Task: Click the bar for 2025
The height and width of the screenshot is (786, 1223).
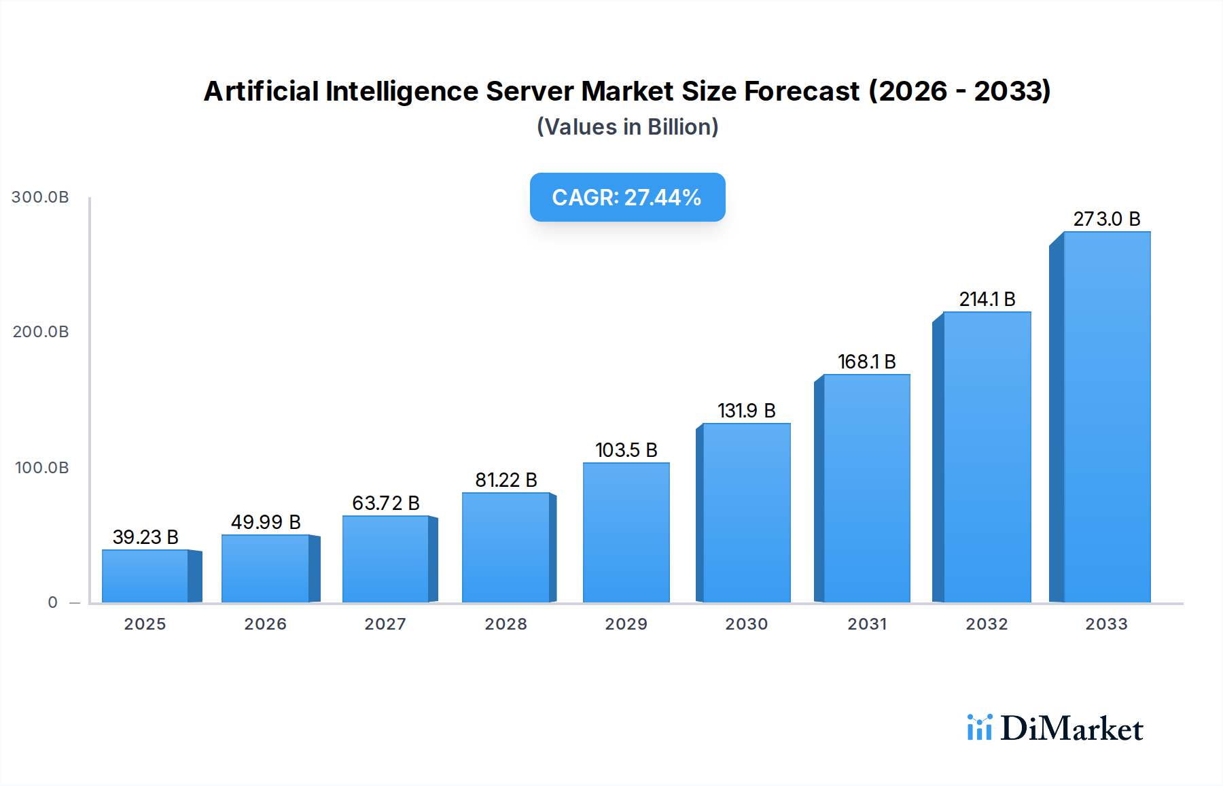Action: [145, 576]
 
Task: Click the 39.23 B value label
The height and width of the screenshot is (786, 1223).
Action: [145, 537]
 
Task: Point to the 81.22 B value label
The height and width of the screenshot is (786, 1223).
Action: [506, 480]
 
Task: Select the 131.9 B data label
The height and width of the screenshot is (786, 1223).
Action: [746, 411]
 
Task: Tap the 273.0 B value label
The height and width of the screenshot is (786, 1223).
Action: [1106, 219]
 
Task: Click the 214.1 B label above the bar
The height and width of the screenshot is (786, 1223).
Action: [987, 299]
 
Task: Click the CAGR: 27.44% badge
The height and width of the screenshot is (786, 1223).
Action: [627, 197]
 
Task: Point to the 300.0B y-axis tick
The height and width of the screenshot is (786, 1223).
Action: [40, 197]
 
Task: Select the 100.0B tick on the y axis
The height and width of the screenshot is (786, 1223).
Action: [41, 468]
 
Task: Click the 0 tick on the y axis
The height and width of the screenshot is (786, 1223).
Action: [53, 602]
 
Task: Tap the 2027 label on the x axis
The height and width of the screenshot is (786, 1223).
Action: [385, 624]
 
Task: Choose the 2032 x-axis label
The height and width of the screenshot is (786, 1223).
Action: [987, 624]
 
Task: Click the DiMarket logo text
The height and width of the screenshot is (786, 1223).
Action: [1071, 728]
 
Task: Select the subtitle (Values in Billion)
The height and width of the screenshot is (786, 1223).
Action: [627, 127]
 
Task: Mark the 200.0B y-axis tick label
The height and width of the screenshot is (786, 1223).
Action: [41, 332]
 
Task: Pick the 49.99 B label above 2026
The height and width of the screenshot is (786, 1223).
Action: [266, 522]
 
